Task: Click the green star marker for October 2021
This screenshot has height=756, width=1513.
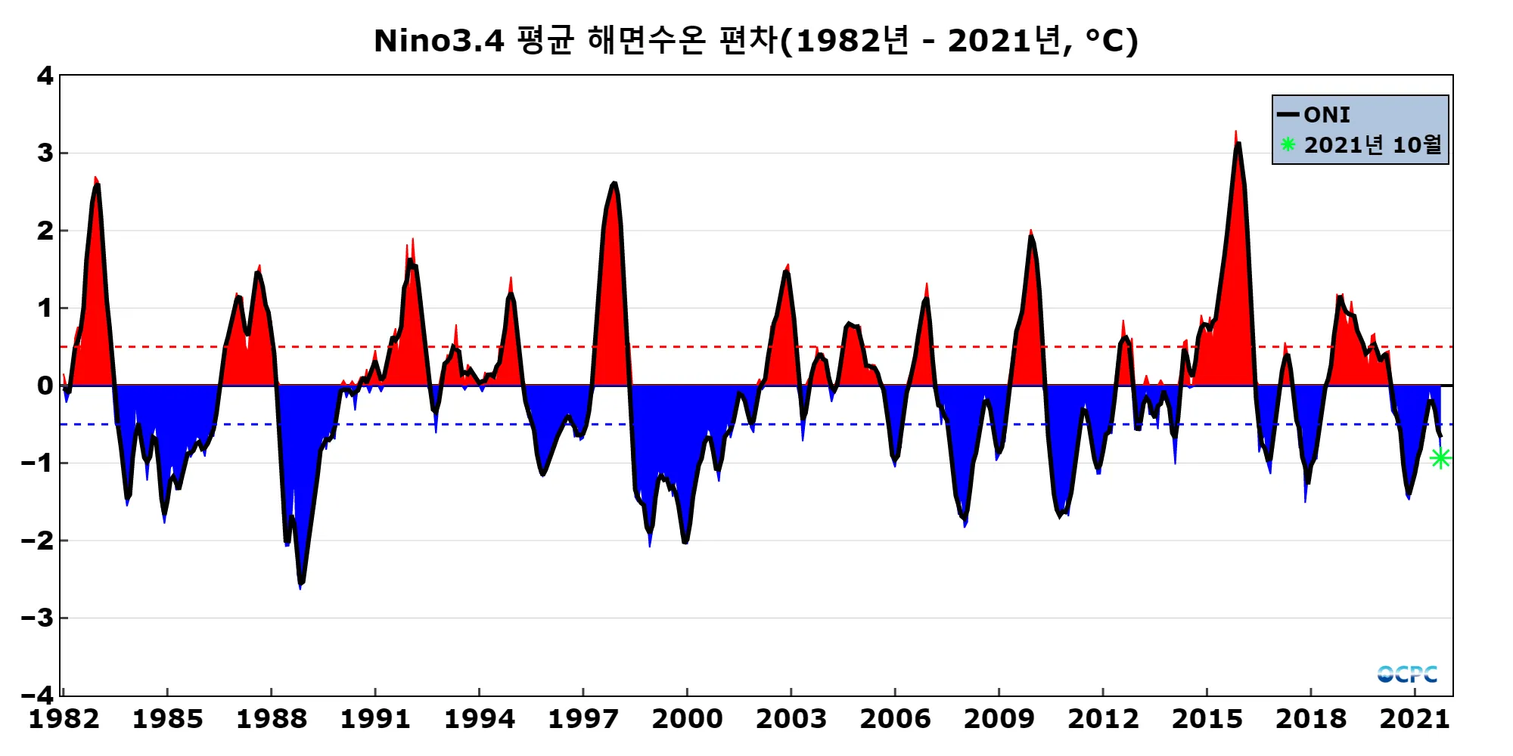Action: (1440, 458)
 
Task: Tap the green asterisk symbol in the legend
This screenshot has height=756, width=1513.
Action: (1288, 144)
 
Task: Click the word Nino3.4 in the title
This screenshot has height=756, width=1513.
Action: (439, 41)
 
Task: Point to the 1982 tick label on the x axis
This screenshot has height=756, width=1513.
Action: (64, 719)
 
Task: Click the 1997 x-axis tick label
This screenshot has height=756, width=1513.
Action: (583, 719)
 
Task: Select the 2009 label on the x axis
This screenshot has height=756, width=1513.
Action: (999, 719)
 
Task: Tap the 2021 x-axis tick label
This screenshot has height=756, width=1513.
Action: (1415, 719)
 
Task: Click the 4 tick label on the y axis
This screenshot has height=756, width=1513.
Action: (45, 76)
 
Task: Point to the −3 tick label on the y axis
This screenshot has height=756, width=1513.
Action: (38, 618)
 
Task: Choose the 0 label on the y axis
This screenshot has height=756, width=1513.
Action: (45, 386)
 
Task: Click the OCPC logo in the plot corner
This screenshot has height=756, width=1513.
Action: (1407, 674)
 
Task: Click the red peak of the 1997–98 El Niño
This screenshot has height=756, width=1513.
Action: (614, 184)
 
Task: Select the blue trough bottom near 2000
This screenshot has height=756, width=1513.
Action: (685, 541)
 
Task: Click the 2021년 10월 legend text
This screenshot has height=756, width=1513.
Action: (1373, 144)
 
